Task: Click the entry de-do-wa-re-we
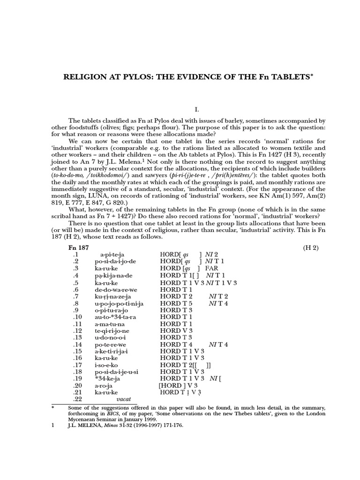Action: coord(115,289)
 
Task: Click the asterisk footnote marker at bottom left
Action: coord(53,408)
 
